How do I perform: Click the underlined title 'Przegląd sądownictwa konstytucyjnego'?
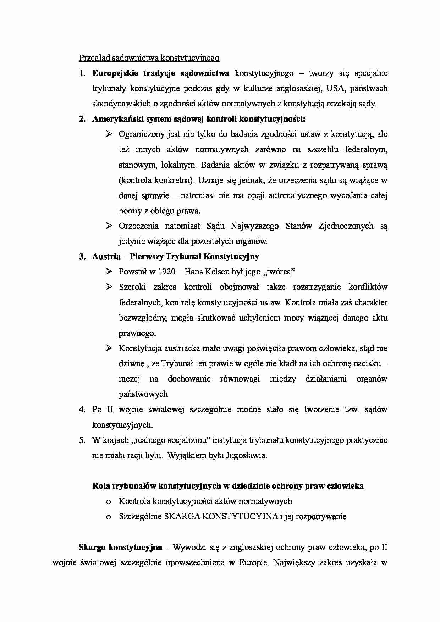pyautogui.click(x=149, y=58)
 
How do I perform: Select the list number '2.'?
pyautogui.click(x=82, y=119)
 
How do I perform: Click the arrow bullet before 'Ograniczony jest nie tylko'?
pyautogui.click(x=109, y=134)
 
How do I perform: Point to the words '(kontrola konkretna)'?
pyautogui.click(x=156, y=180)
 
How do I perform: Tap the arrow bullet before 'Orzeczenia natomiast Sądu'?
pyautogui.click(x=109, y=226)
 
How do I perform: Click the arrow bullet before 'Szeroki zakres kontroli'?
pyautogui.click(x=109, y=287)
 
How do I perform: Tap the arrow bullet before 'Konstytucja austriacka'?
pyautogui.click(x=109, y=348)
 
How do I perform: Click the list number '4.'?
pyautogui.click(x=82, y=410)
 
